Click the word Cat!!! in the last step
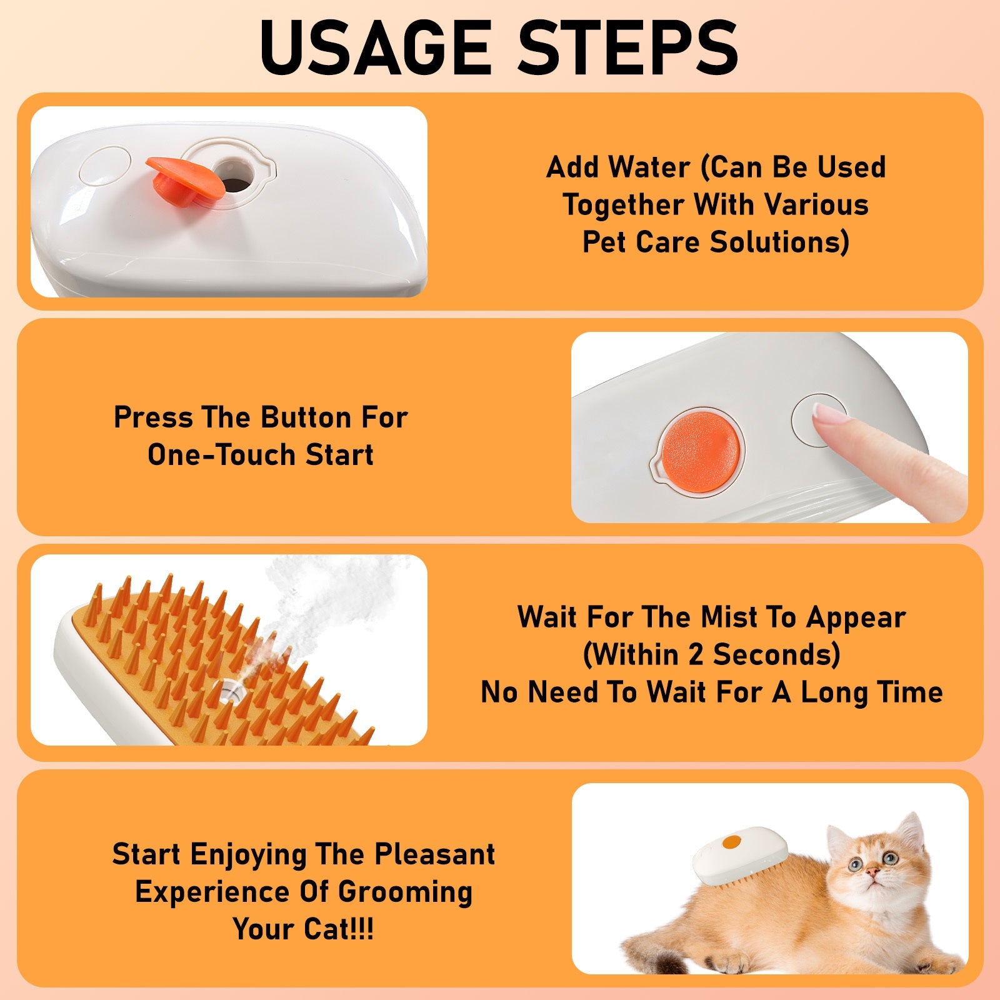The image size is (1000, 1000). pyautogui.click(x=338, y=929)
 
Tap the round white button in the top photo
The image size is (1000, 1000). pyautogui.click(x=106, y=166)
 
